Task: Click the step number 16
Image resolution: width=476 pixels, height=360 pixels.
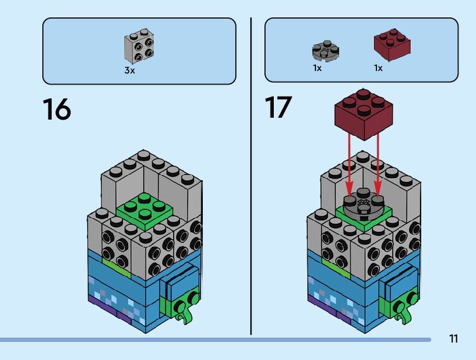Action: click(57, 109)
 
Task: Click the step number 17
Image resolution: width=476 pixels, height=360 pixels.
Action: click(278, 107)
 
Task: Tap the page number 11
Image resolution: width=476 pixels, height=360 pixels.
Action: click(453, 339)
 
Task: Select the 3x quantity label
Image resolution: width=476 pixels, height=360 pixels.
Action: click(129, 71)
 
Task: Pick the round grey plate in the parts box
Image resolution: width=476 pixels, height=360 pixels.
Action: click(325, 50)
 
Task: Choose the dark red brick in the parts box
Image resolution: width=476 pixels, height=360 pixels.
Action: click(390, 45)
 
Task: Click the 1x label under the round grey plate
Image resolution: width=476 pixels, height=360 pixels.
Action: click(317, 68)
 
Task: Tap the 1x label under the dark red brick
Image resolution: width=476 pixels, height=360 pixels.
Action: click(378, 68)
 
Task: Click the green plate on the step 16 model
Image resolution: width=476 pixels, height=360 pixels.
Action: click(144, 209)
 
